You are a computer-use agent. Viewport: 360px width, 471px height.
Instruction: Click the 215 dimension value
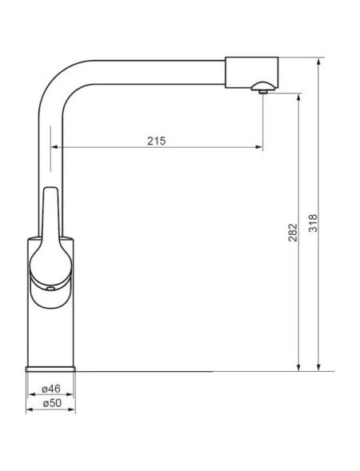pos(156,141)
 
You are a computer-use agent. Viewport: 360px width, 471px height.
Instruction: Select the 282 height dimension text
pos(293,233)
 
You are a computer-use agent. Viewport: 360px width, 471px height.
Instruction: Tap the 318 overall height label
pos(313,223)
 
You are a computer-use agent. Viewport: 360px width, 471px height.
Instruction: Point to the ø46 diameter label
pos(50,389)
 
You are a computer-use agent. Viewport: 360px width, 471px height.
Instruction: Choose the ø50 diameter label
pos(52,403)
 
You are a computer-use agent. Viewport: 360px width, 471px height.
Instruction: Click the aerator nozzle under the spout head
pos(263,88)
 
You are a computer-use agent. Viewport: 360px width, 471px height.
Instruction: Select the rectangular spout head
pos(251,72)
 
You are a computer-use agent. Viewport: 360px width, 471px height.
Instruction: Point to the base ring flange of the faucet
pos(50,369)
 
